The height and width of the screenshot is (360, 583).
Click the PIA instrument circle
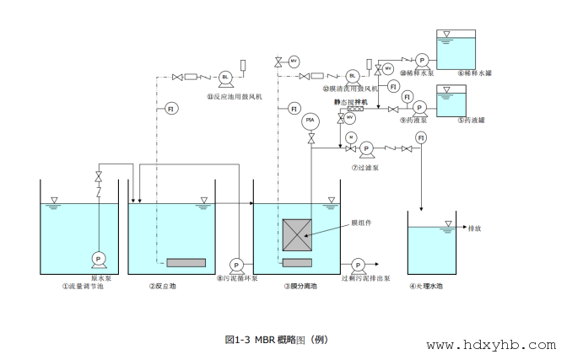click(x=310, y=122)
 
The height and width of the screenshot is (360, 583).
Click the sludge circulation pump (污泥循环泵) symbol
click(x=235, y=265)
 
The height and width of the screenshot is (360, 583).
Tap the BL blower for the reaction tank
click(x=225, y=78)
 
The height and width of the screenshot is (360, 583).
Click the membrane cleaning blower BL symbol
click(x=353, y=78)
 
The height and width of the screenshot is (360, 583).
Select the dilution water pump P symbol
click(x=422, y=60)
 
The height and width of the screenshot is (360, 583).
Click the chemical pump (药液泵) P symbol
click(x=419, y=110)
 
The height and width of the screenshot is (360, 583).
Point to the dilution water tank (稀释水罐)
click(x=453, y=50)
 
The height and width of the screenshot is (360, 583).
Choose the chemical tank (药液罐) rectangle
click(x=454, y=100)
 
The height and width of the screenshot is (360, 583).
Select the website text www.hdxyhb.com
click(x=491, y=345)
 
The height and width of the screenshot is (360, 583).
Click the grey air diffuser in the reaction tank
click(x=186, y=263)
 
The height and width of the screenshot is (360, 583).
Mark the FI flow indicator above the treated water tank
click(x=420, y=137)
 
